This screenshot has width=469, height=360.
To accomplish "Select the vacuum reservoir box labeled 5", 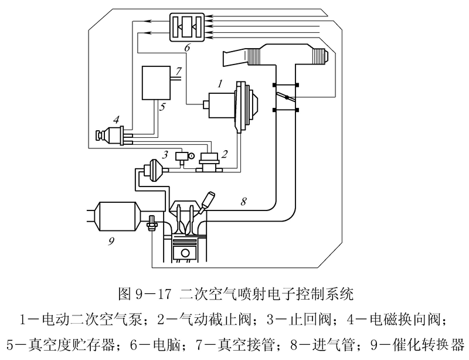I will [x=155, y=82].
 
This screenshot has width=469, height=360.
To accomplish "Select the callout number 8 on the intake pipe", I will [x=243, y=201].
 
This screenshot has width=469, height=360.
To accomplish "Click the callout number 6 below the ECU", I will [x=186, y=48].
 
